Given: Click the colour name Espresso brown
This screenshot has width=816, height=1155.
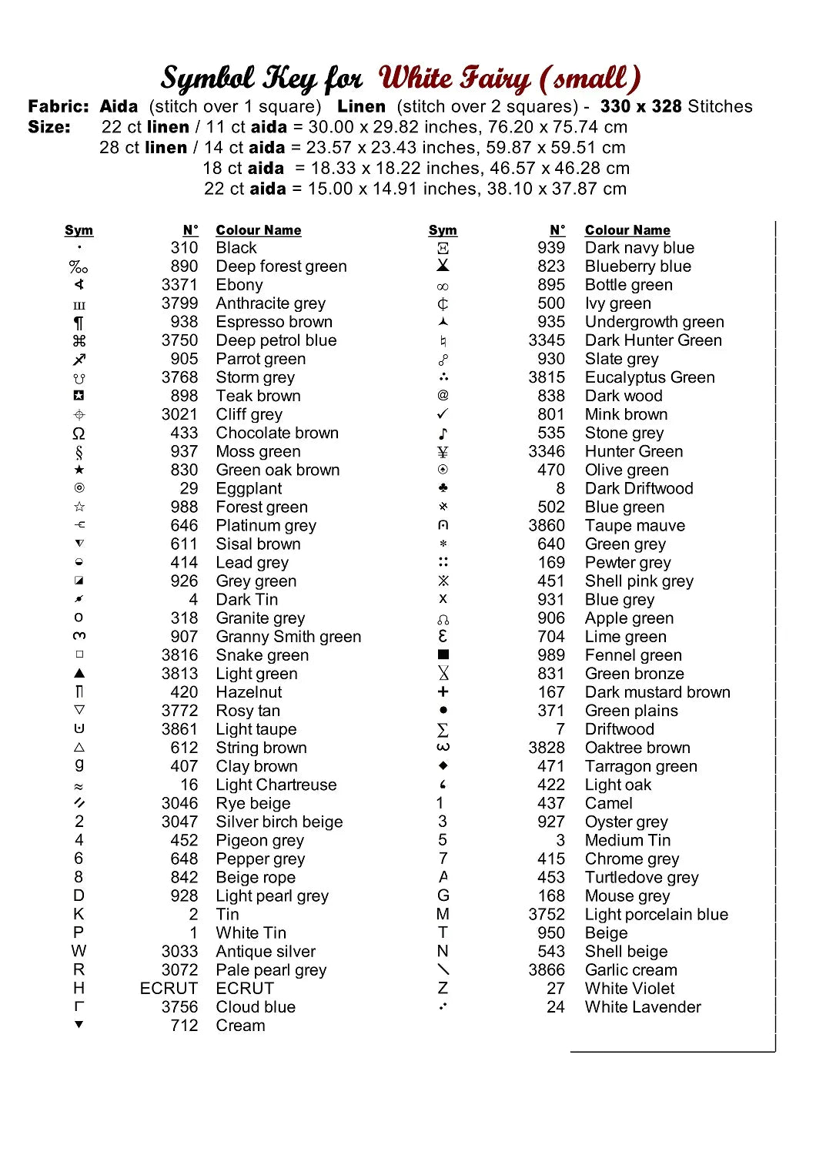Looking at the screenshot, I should click(274, 322).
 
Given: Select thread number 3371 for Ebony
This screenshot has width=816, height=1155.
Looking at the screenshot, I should click(179, 285).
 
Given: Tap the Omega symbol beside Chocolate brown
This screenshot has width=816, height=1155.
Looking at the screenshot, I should click(79, 434).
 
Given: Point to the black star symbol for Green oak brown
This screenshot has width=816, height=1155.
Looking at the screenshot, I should click(79, 470).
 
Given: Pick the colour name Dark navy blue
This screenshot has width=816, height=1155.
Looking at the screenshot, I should click(639, 248).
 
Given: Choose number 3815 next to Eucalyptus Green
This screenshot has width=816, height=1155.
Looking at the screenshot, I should click(547, 377).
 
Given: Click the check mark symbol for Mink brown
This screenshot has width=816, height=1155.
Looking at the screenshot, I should click(443, 414).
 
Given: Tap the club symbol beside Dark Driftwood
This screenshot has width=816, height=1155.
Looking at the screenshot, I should click(443, 488).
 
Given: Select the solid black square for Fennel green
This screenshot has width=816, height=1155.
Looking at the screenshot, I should click(443, 654).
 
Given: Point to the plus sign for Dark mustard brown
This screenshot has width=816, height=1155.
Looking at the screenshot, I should click(443, 691).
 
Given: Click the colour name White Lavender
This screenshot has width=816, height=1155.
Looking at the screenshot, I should click(643, 1007).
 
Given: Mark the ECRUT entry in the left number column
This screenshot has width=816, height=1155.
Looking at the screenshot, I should click(169, 989).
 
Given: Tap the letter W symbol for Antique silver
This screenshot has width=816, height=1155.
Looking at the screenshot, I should click(79, 951).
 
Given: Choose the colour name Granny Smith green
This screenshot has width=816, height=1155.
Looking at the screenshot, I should click(288, 637).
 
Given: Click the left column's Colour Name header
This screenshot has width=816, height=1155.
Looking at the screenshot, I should click(258, 230).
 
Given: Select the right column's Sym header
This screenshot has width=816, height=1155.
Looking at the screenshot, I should click(443, 230).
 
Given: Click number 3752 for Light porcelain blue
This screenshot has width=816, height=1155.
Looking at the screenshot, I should click(547, 915).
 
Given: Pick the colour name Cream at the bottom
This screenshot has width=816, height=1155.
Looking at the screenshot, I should click(240, 1026).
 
